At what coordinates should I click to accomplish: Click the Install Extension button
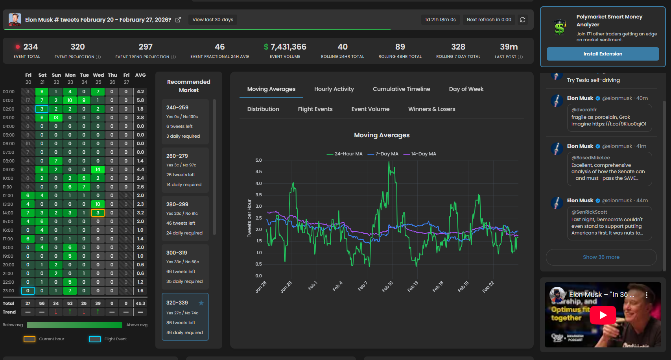[x=603, y=54]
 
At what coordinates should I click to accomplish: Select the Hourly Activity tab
[x=334, y=89]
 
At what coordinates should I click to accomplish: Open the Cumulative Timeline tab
[x=401, y=89]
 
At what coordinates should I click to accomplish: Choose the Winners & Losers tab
[x=431, y=109]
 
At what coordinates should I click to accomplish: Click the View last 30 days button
[x=213, y=20]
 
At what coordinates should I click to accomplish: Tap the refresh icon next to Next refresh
[x=523, y=20]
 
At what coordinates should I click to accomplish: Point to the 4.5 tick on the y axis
[x=258, y=172]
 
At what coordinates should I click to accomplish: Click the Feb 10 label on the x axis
[x=387, y=286]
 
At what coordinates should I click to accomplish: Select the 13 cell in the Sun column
[x=56, y=118]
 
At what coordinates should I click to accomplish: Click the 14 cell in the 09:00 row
[x=98, y=170]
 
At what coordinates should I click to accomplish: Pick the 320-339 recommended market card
[x=185, y=317]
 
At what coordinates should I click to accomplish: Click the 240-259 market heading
[x=177, y=107]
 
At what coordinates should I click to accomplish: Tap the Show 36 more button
[x=601, y=257]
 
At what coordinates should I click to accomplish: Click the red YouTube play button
[x=603, y=315]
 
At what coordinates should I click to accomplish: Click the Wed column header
[x=98, y=75]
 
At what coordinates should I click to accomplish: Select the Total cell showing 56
[x=42, y=303]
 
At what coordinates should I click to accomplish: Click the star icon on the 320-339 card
[x=201, y=303]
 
